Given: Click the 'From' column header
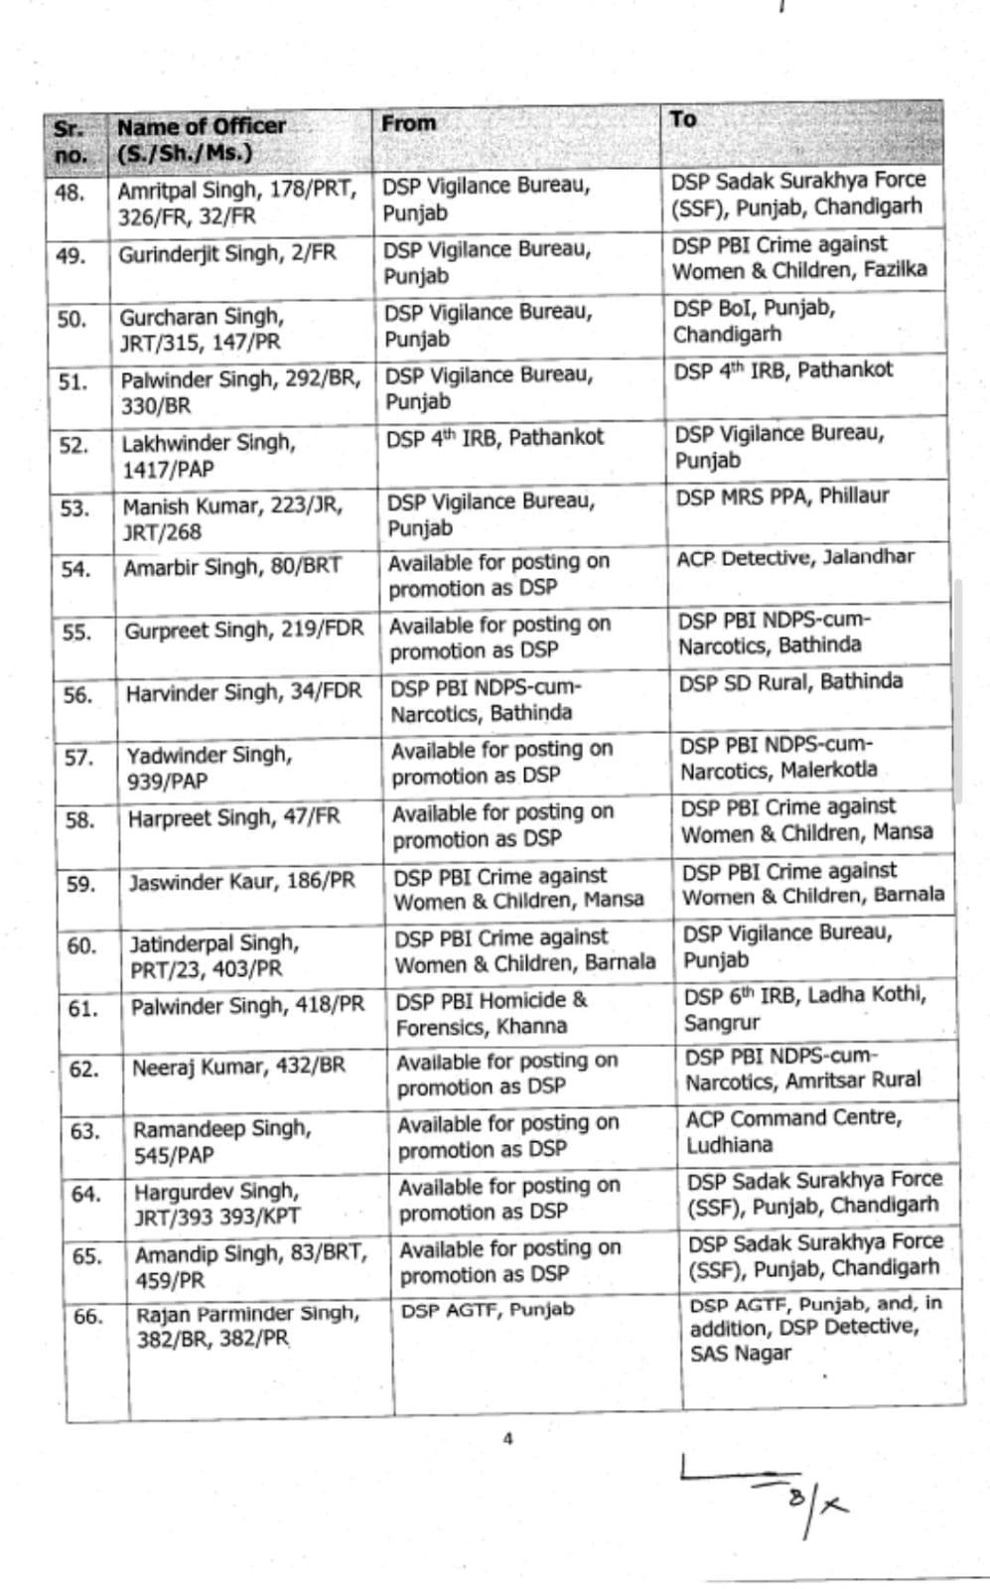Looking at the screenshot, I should pyautogui.click(x=409, y=124).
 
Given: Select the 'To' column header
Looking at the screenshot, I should pyautogui.click(x=682, y=119).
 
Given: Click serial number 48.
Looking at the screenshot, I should pyautogui.click(x=70, y=192).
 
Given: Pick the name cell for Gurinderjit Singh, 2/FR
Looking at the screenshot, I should pyautogui.click(x=227, y=254).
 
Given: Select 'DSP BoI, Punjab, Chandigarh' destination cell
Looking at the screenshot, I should pyautogui.click(x=754, y=321).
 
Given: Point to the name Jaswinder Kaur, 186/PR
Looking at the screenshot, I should pyautogui.click(x=241, y=881).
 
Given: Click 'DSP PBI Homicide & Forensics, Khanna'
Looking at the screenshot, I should pyautogui.click(x=492, y=1013).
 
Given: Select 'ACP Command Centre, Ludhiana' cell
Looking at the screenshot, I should pyautogui.click(x=793, y=1131).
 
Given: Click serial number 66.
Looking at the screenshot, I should pyautogui.click(x=87, y=1317).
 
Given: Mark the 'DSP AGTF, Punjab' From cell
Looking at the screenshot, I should pyautogui.click(x=487, y=1310).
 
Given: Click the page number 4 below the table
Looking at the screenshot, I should pyautogui.click(x=507, y=1438).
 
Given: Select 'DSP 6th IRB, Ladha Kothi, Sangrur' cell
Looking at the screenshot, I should pyautogui.click(x=804, y=1008).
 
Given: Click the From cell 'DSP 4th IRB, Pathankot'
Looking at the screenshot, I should pyautogui.click(x=495, y=438).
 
